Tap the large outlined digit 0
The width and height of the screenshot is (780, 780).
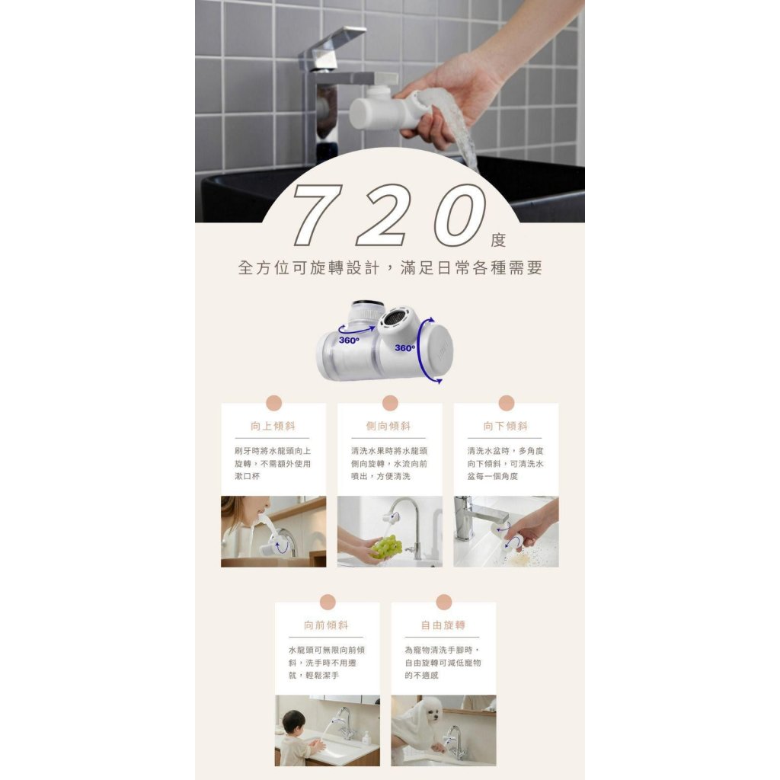tap(459, 215)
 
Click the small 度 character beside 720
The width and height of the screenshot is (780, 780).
tap(498, 240)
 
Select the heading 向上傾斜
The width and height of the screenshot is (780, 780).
tap(273, 427)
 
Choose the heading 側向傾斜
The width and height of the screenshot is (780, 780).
tap(388, 427)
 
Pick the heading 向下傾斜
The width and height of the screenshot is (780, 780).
tap(506, 427)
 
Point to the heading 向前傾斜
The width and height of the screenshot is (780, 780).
tap(326, 625)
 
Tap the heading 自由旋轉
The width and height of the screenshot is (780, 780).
tap(443, 625)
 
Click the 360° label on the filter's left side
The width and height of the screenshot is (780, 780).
tap(349, 340)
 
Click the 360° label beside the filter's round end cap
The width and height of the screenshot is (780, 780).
tap(405, 347)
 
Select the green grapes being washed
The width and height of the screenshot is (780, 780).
tap(387, 546)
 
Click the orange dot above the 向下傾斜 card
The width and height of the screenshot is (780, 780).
tap(506, 403)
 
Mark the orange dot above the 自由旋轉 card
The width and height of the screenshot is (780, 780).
tap(444, 602)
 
